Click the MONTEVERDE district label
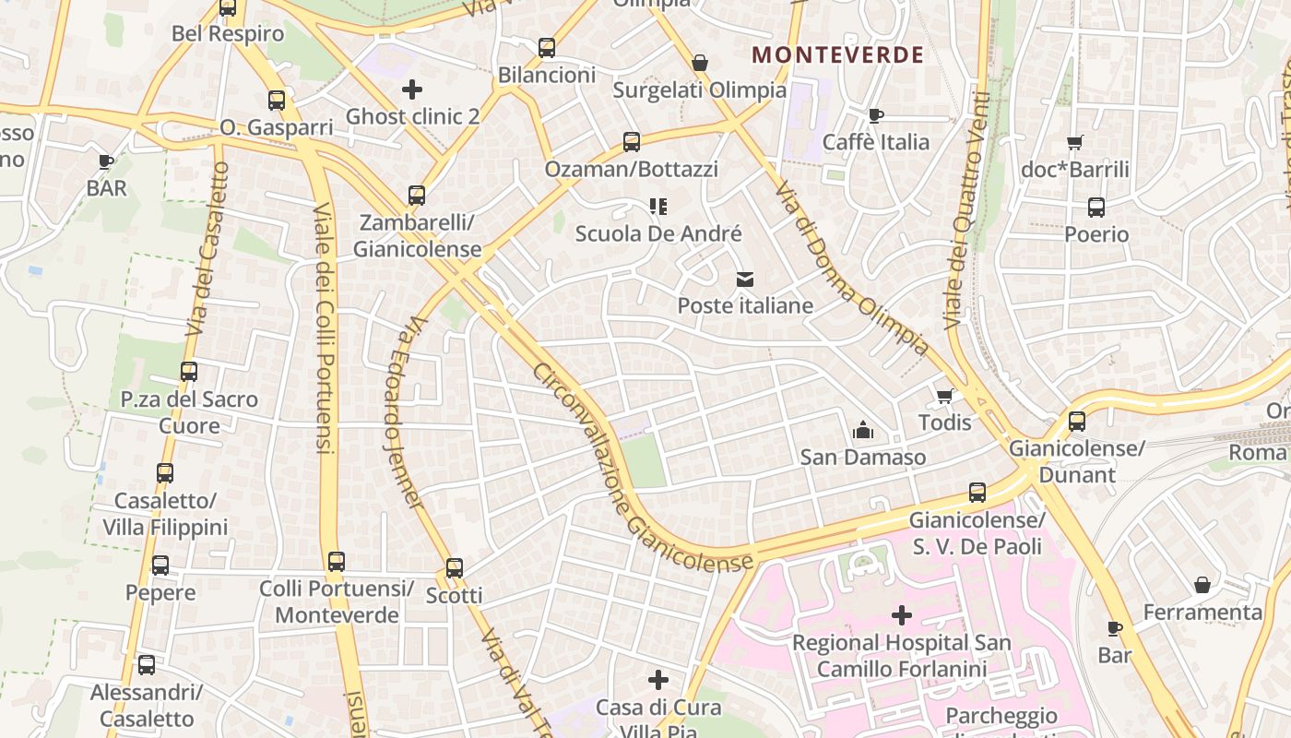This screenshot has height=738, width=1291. coord(837,54)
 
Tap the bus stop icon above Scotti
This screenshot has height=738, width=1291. coord(455,568)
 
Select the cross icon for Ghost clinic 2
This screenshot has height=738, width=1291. coord(412,89)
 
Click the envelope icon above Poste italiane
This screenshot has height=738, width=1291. coord(745,280)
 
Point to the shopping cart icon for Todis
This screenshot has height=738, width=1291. coord(944,397)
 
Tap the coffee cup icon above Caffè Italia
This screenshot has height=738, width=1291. coord(875,115)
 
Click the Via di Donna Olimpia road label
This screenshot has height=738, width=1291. coord(850,268)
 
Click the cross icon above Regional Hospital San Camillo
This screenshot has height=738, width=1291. coord(902,615)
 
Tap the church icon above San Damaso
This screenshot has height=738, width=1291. coord(862,430)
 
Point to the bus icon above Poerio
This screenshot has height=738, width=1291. coord(1096,208)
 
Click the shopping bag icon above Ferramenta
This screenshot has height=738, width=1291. coord(1202,585)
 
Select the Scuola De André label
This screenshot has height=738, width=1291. coord(658,234)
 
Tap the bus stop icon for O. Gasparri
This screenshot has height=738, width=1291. coord(277,101)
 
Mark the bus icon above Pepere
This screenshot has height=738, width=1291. coord(160,565)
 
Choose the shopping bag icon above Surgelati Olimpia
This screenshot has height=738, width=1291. coord(700,63)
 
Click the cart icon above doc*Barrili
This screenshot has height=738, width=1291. coord(1074,143)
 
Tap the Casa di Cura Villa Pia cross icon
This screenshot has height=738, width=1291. coord(658,681)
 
